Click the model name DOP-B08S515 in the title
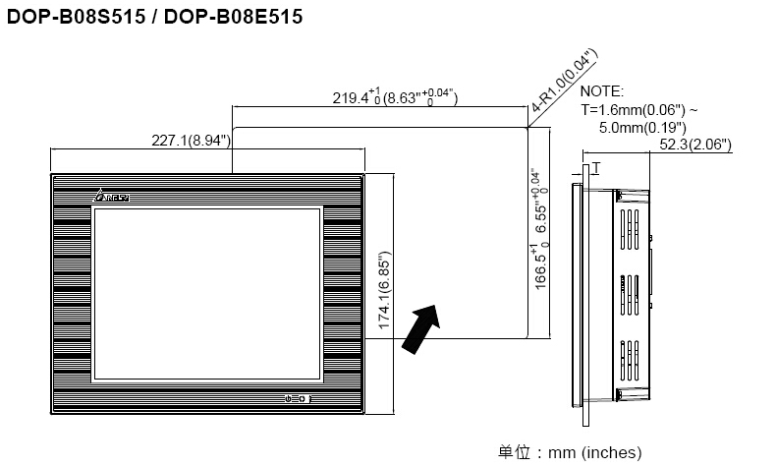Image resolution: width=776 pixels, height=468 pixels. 77,17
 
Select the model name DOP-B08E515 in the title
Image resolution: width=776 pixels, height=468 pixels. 233,17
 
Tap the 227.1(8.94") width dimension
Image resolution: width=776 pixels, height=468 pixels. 191,141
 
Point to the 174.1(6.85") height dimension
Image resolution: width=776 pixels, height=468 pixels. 384,290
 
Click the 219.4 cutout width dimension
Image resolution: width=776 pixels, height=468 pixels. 395,96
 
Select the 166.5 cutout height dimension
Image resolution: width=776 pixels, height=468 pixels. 540,229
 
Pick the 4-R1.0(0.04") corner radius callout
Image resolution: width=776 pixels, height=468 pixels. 564,80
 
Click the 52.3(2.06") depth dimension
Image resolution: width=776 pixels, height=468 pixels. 695,145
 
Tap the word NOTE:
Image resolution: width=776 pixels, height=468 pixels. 602,91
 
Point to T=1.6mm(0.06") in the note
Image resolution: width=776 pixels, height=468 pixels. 633,109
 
